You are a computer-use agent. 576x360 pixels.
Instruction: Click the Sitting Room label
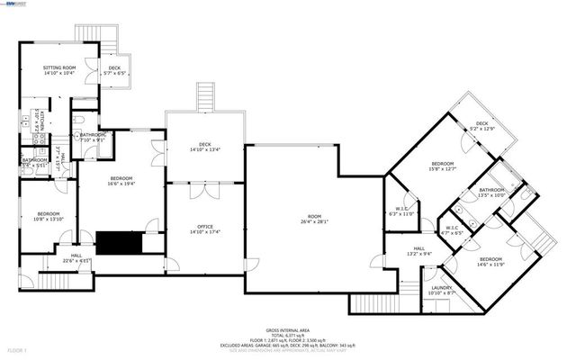[59, 67]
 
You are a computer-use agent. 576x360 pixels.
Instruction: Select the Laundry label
[417, 288]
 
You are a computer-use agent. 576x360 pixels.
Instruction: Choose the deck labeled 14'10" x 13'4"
[204, 146]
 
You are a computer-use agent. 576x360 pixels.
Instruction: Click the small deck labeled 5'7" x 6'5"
[114, 69]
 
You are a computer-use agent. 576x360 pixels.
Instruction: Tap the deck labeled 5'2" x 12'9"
[482, 125]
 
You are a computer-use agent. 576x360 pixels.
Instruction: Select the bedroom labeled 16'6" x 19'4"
[121, 181]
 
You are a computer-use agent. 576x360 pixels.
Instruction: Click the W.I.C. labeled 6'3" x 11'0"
[400, 211]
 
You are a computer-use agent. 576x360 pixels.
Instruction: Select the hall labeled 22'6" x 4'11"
[76, 258]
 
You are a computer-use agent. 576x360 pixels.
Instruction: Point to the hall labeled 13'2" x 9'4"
[419, 251]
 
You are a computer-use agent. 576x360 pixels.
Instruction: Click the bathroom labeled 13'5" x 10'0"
[491, 193]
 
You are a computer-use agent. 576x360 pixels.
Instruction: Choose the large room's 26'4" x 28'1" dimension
[314, 220]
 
